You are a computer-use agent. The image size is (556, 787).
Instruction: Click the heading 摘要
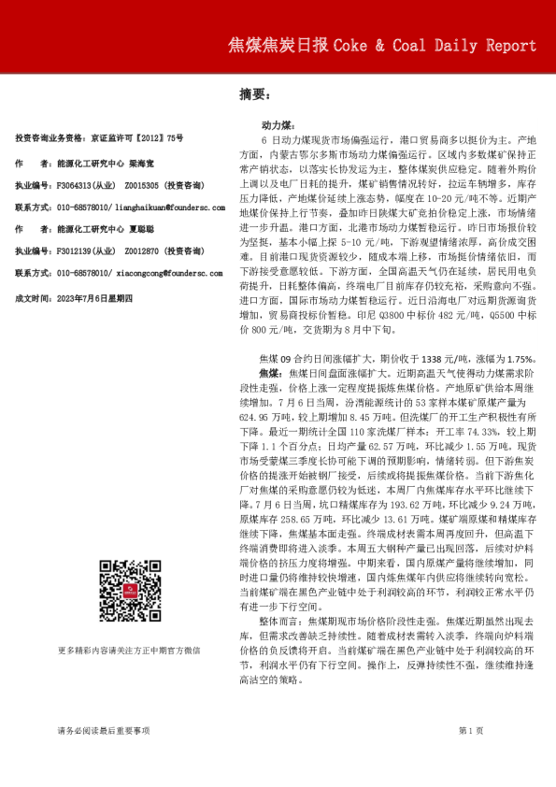pos(253,94)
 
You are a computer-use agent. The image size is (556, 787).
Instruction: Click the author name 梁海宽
pos(141,162)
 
